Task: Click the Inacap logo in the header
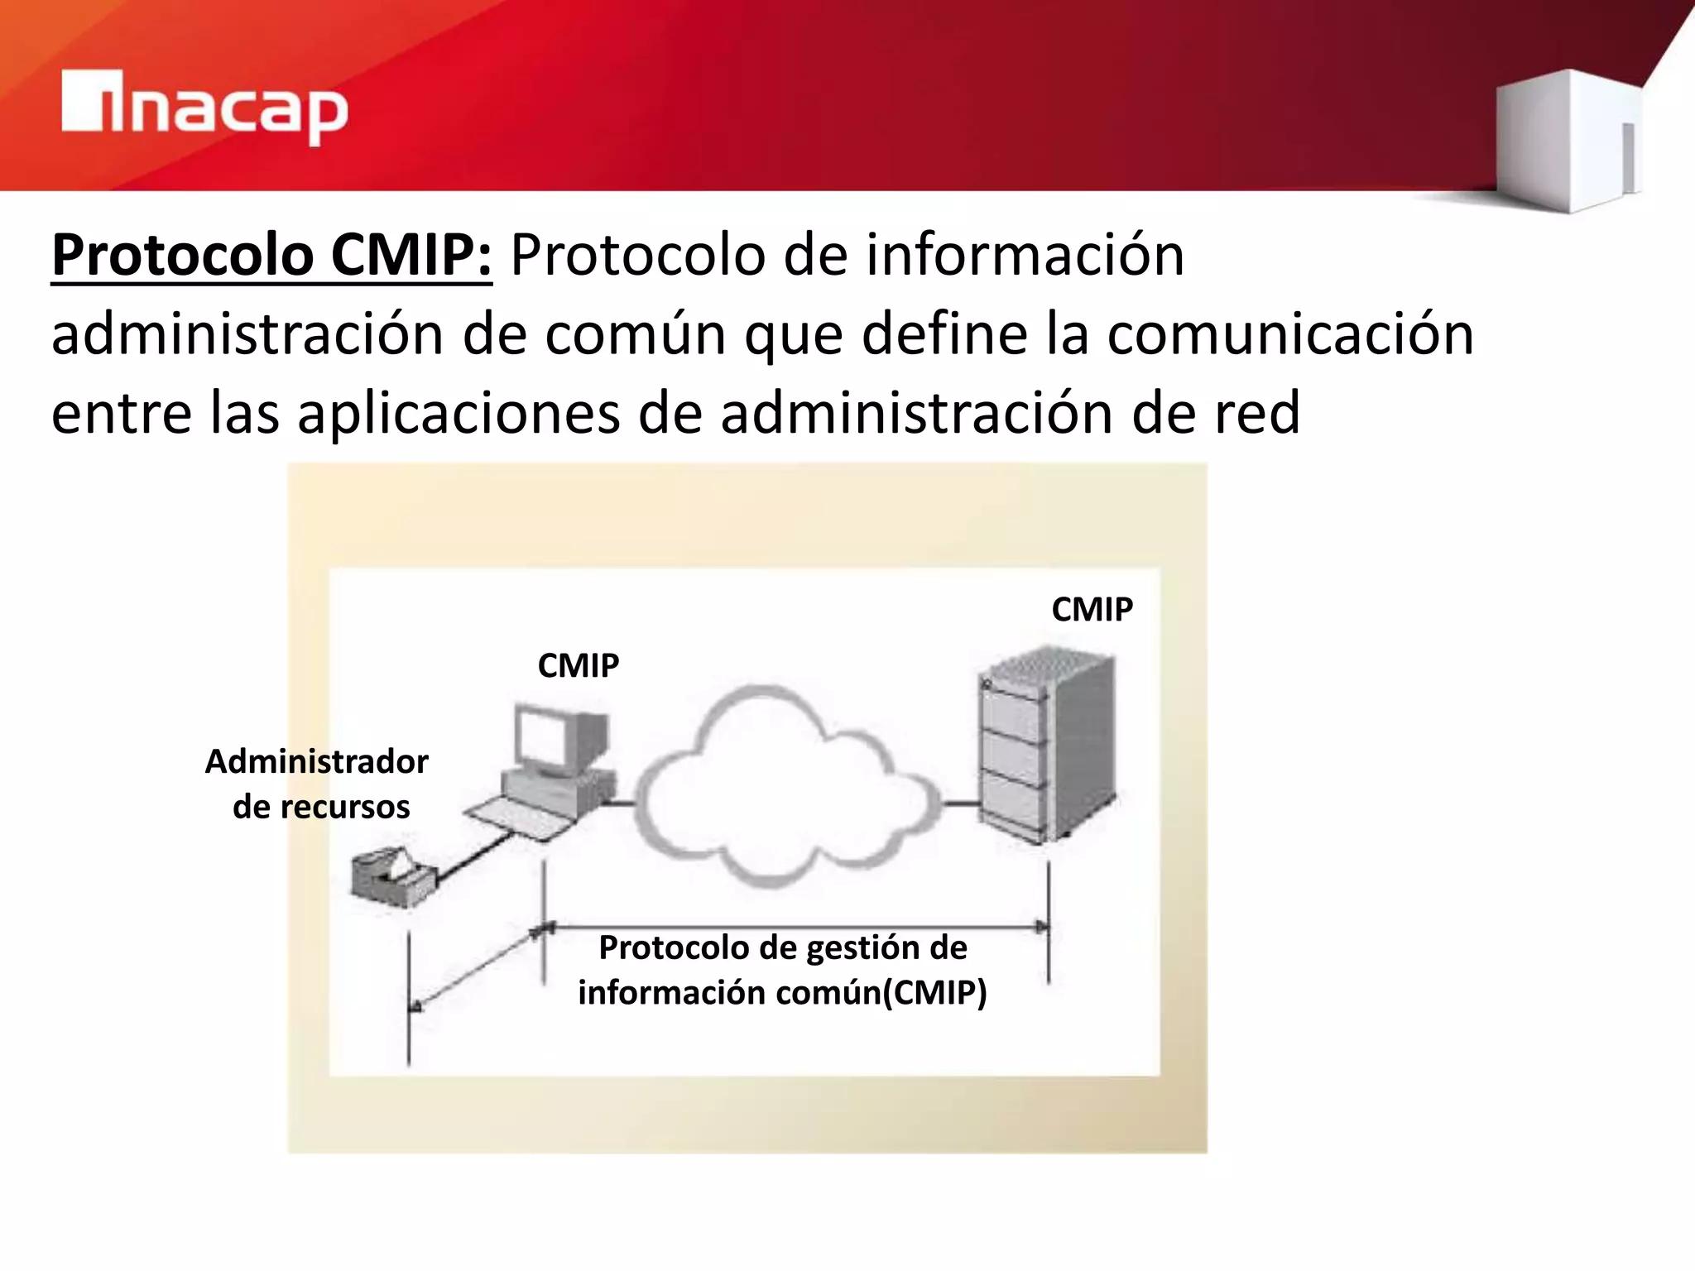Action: tap(204, 108)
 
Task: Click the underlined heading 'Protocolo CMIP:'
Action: tap(271, 255)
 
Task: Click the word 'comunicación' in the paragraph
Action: tap(1290, 334)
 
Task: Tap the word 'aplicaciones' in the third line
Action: tap(459, 413)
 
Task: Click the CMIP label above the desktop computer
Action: tap(578, 665)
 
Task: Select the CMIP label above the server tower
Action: tap(1092, 609)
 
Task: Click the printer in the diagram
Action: tap(391, 875)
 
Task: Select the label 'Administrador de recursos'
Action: tap(318, 784)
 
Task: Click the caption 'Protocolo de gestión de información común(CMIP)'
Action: tap(782, 970)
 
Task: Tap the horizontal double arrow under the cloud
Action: tap(795, 927)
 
